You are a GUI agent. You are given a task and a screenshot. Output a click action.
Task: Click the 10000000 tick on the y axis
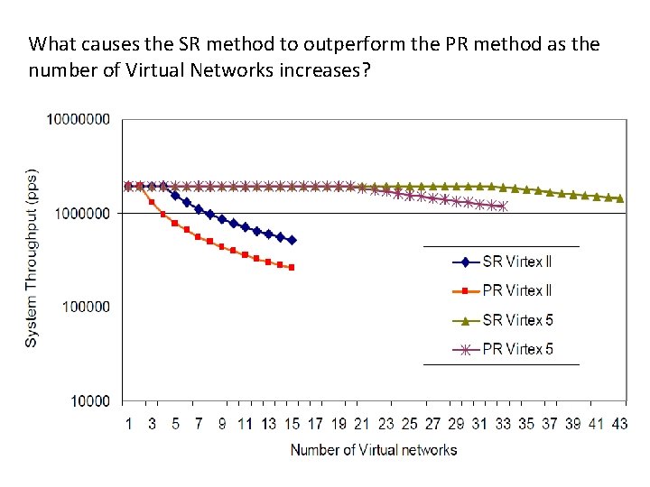point(79,119)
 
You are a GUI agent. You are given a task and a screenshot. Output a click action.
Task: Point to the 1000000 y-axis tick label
point(82,213)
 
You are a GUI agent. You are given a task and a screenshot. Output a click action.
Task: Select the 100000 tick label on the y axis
point(86,307)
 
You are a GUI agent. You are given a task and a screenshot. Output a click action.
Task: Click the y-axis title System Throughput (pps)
point(31,257)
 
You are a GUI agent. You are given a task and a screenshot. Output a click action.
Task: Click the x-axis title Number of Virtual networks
point(373,450)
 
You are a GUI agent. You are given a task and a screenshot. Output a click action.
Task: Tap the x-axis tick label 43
point(619,424)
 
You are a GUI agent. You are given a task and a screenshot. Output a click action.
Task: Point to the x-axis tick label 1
point(128,424)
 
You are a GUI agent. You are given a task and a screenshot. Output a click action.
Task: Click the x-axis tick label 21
point(362,424)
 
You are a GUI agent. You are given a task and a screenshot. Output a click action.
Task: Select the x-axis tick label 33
point(503,424)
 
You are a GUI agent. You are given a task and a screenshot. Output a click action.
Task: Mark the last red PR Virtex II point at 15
point(292,267)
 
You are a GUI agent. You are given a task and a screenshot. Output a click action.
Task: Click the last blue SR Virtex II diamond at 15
point(292,240)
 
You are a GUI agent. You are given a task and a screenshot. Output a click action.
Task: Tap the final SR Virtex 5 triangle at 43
point(619,198)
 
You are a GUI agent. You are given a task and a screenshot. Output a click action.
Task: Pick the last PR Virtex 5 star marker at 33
point(503,207)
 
